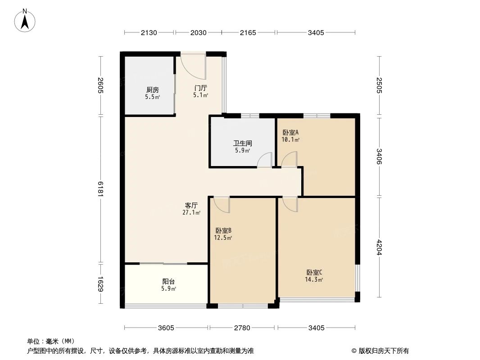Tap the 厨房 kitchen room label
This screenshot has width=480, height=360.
point(152,90)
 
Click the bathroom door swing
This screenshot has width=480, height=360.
point(265,160)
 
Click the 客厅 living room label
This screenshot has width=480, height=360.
point(191,205)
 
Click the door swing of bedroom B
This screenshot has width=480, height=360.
point(222,205)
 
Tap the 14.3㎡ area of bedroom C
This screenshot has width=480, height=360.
point(313,279)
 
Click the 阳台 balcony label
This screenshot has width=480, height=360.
point(168,282)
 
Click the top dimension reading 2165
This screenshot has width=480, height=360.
point(248,32)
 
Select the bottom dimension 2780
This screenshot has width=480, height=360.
point(242,328)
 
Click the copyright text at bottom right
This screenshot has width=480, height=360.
point(380,351)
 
